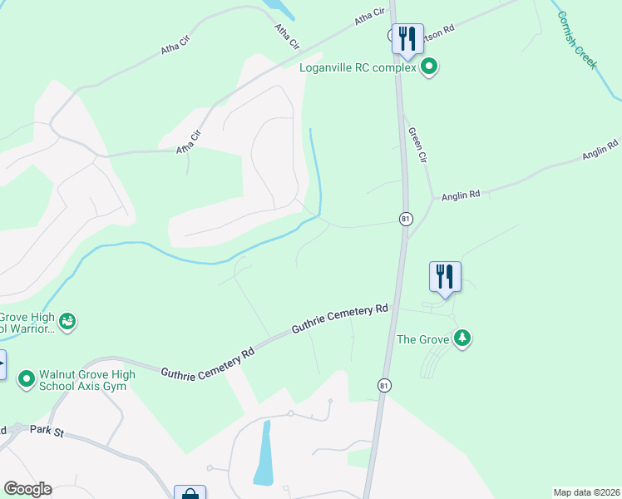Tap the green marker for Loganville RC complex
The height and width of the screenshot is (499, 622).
(429, 67)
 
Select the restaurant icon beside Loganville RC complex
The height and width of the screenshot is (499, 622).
(407, 38)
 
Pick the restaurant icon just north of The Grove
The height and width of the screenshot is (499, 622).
(445, 276)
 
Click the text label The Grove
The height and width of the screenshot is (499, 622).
(422, 339)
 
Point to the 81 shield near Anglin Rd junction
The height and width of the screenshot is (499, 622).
(406, 219)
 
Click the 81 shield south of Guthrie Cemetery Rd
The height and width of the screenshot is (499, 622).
(383, 386)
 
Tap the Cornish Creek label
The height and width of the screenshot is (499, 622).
(577, 39)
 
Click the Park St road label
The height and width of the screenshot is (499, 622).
(47, 430)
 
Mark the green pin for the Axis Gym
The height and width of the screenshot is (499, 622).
(27, 380)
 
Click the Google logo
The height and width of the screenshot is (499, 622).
(27, 489)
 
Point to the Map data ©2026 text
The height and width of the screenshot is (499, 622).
(585, 492)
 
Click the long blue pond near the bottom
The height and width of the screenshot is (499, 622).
(264, 453)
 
